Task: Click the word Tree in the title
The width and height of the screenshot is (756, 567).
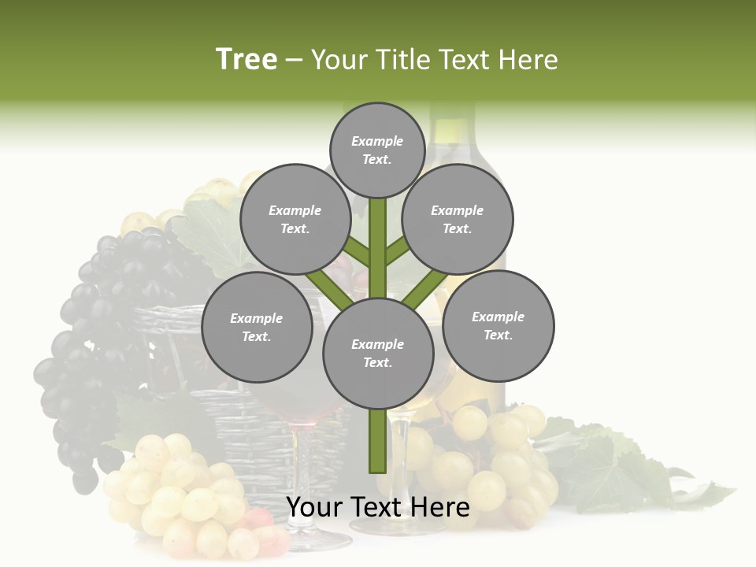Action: pos(246,59)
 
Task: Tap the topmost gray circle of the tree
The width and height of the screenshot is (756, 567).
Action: pos(377,150)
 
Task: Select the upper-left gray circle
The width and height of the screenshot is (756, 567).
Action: pos(295,219)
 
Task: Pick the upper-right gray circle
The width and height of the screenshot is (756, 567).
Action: pos(457,219)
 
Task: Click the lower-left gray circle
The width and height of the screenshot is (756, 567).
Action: pos(256,327)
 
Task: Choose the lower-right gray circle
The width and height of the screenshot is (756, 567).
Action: pos(498,325)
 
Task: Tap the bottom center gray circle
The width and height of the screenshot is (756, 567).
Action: pos(377,353)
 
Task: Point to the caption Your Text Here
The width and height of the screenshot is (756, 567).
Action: pos(377,507)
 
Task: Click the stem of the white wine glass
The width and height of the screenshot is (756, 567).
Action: pos(400,465)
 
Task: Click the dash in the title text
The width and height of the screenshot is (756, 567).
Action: pos(294,60)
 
